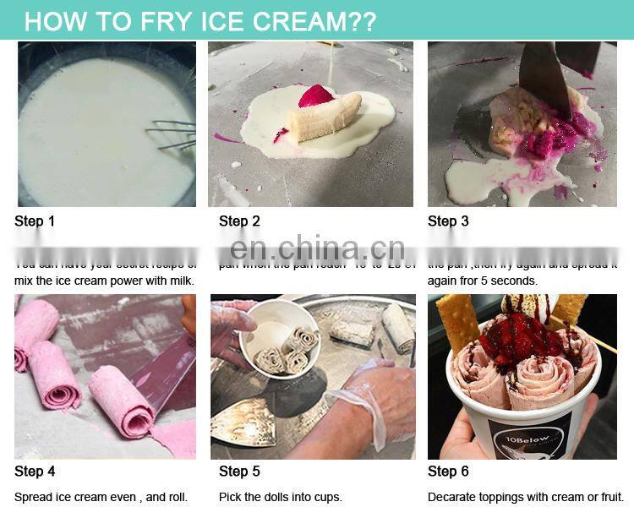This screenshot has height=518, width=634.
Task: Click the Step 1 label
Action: coord(35,221)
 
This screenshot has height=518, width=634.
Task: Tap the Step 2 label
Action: coord(239,221)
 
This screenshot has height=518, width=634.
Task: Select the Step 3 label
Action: coord(448,221)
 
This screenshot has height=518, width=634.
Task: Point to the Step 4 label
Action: coord(35,472)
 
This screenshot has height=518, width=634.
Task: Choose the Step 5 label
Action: coord(239,472)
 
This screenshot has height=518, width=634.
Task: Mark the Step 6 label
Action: coord(448,472)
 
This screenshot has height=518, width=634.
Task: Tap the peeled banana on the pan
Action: coord(325,117)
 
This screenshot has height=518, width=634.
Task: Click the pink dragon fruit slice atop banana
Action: coord(316,94)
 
